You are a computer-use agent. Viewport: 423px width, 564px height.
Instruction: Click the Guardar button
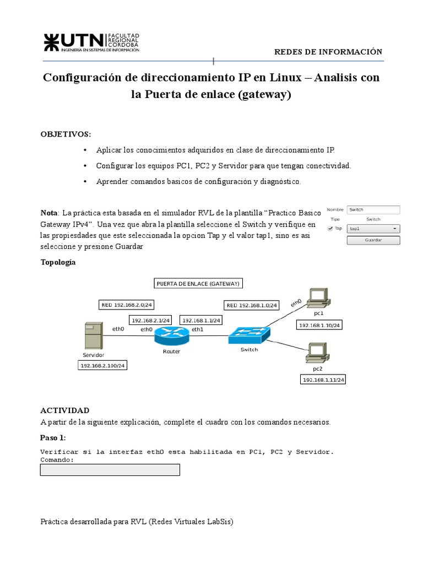(x=373, y=240)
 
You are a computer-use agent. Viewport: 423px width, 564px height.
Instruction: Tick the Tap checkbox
(x=330, y=228)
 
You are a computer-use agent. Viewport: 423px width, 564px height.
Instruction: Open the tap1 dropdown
(x=373, y=228)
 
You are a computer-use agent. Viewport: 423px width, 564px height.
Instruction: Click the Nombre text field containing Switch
(x=373, y=209)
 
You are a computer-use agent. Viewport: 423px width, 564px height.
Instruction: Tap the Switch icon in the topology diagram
(x=250, y=334)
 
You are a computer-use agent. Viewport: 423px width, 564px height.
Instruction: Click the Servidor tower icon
(x=93, y=336)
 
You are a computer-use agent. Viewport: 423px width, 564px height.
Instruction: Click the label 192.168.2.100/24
(x=104, y=365)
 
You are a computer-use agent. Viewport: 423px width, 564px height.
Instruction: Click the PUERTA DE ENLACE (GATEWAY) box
(x=198, y=284)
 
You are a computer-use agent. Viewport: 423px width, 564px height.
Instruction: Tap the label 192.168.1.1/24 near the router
(x=201, y=320)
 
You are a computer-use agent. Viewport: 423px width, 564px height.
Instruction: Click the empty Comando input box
(x=110, y=470)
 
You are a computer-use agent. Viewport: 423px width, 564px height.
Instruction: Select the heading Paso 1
(x=53, y=438)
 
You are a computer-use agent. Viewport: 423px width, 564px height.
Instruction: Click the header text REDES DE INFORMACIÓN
(x=328, y=52)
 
